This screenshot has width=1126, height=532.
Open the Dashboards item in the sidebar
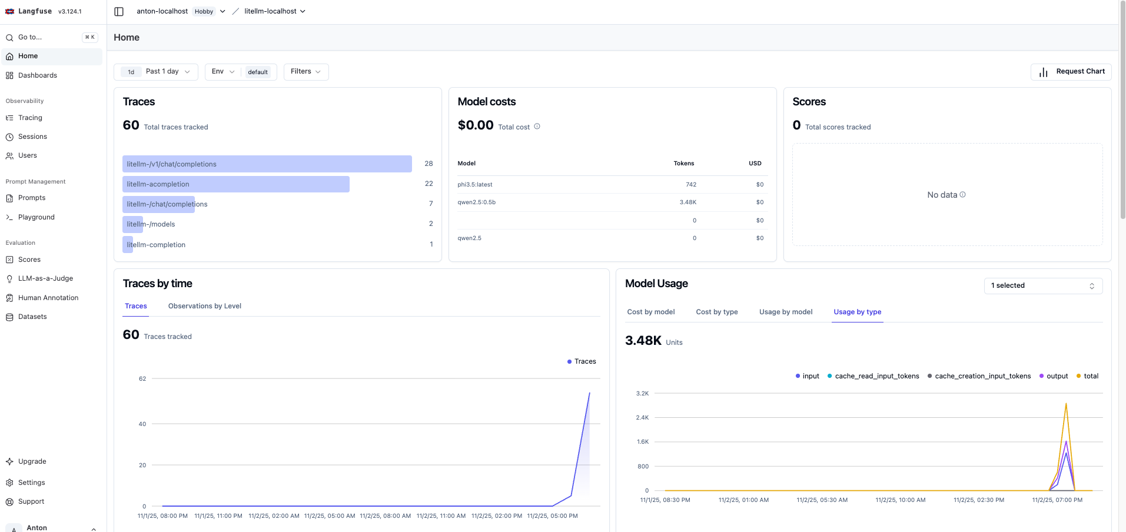point(37,75)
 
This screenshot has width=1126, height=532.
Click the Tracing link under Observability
point(30,118)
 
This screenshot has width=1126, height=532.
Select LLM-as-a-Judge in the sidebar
point(45,278)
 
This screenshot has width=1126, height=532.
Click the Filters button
point(305,72)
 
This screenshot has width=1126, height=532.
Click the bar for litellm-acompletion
point(235,184)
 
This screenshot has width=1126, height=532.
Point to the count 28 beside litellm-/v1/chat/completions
point(429,164)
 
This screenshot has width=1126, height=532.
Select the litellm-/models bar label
point(151,224)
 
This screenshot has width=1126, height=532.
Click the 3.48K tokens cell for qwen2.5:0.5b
point(687,202)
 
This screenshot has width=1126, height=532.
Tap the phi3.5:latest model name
point(474,185)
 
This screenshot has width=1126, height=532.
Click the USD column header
point(755,164)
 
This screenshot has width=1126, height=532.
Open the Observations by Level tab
point(204,306)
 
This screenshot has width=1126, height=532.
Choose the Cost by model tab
point(650,312)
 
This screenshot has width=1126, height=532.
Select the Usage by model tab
point(785,312)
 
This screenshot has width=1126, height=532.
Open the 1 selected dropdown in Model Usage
point(1042,285)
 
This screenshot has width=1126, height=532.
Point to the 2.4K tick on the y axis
point(642,417)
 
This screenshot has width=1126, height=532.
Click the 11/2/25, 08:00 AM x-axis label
point(385,516)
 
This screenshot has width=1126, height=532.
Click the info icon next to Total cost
point(537,127)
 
